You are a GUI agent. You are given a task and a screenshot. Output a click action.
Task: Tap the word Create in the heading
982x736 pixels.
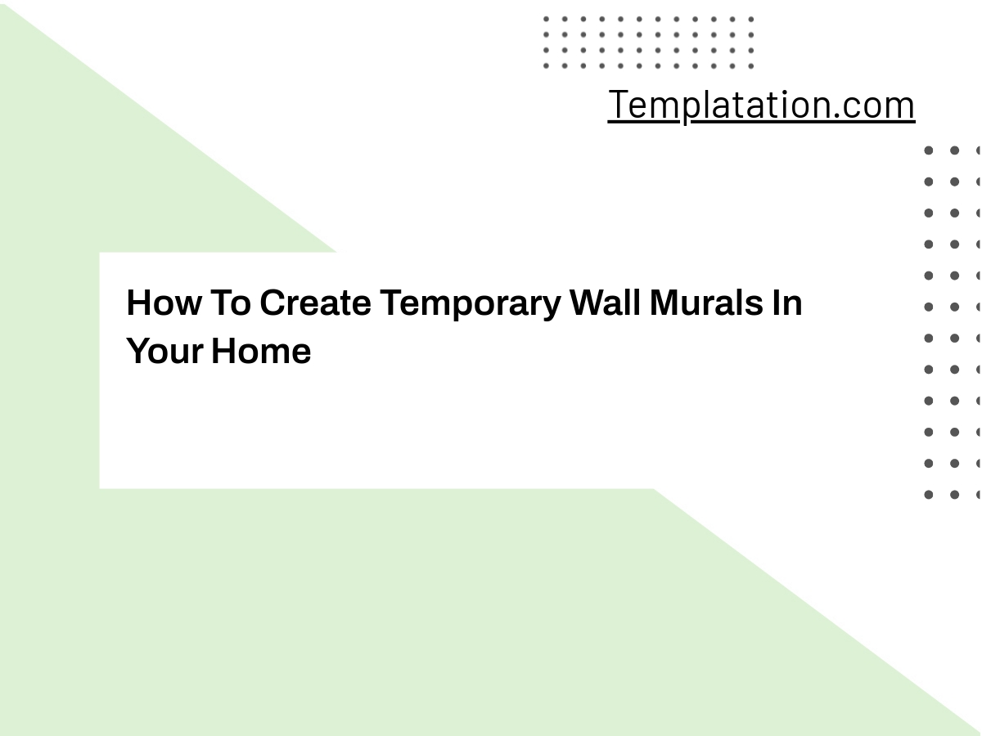tap(315, 303)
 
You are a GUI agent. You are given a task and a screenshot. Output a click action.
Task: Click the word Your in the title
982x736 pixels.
tap(164, 352)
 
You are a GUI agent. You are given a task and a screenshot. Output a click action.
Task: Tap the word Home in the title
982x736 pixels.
tap(261, 352)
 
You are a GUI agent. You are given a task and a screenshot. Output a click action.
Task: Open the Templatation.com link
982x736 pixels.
tap(761, 105)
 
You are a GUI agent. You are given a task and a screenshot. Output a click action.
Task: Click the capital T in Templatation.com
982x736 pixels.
tap(618, 105)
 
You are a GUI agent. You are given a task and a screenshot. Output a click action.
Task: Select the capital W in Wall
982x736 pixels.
tap(588, 303)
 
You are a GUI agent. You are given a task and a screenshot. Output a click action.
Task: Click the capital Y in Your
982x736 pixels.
tap(137, 352)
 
